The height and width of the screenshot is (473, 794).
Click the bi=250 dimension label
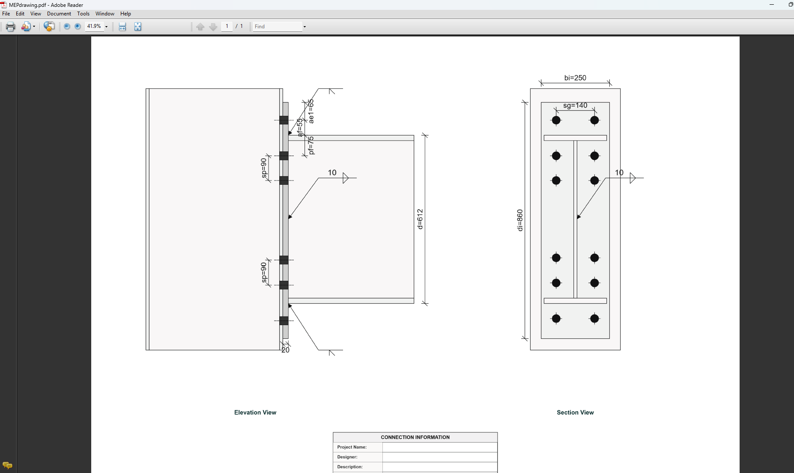(575, 78)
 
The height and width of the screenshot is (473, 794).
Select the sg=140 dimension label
(575, 105)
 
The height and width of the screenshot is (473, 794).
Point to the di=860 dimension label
(520, 220)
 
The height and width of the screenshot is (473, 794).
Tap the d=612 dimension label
(420, 219)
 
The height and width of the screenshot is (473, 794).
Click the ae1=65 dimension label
(311, 111)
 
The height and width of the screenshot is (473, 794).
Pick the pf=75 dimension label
(311, 145)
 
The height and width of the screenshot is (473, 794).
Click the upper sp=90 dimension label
(264, 168)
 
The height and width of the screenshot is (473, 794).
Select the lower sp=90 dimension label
(264, 272)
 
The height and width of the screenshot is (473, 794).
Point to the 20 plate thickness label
(285, 350)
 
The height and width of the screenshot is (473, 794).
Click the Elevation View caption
(255, 413)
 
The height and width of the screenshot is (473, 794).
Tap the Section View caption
(575, 413)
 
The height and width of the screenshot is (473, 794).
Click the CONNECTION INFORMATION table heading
(415, 437)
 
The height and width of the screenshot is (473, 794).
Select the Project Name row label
(352, 447)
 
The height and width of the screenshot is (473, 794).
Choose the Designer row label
(347, 457)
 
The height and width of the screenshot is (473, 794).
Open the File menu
(6, 14)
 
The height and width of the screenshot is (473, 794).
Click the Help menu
(125, 14)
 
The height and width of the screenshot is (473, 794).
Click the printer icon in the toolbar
(11, 27)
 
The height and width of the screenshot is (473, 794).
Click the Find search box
(278, 27)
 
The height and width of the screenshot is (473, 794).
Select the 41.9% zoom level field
(94, 27)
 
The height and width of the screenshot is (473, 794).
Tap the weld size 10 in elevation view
(332, 173)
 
